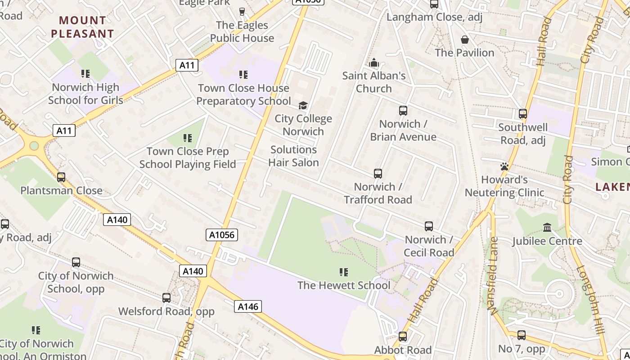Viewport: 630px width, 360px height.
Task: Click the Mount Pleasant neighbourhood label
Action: coord(82,27)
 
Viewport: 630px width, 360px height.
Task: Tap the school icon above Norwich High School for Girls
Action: coord(85,73)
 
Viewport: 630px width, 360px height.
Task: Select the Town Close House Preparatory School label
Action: coord(243,94)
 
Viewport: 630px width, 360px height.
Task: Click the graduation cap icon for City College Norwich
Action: coord(303,106)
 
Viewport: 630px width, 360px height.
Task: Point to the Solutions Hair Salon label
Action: coord(293,156)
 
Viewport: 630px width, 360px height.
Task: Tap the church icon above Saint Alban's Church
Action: coord(374,63)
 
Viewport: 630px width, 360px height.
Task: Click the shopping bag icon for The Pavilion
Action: coord(465,40)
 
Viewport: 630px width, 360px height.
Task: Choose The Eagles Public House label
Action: coord(242,31)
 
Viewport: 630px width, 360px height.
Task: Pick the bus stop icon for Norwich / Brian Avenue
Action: coord(403,111)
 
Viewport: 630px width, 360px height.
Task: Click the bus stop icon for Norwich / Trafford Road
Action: coord(378,174)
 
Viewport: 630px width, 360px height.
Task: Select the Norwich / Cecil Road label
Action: coord(429,246)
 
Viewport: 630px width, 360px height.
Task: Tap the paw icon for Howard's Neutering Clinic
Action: coord(504,166)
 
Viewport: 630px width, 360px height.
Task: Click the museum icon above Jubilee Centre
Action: coord(547,228)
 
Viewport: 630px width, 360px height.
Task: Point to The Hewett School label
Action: coord(344,285)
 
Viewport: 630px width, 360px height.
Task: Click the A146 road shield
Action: coord(248,307)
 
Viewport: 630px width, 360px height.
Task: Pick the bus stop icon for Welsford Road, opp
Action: coord(166,298)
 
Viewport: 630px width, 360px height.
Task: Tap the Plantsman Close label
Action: coord(61,190)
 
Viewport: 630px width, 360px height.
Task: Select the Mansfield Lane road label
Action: coord(494,276)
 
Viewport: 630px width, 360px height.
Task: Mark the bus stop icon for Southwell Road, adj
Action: coord(523,114)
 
